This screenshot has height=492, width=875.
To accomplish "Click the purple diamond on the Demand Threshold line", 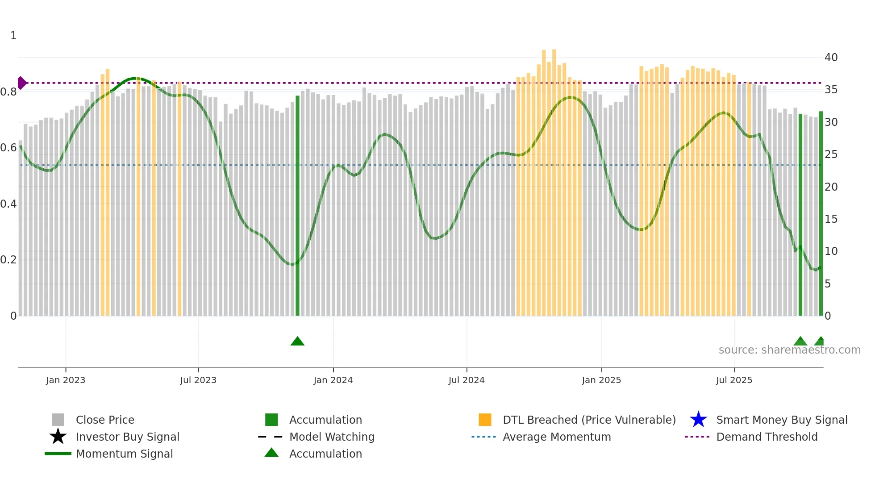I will click(21, 83).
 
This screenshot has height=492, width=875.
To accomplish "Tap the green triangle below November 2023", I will click(297, 342).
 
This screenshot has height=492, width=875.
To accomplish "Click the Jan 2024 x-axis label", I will click(333, 380).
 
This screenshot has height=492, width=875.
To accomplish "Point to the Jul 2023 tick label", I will click(198, 380).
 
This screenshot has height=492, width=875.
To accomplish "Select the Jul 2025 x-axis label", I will click(734, 380).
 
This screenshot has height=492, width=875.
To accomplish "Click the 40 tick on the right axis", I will click(831, 58).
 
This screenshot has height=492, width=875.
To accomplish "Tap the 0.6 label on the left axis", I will click(8, 148).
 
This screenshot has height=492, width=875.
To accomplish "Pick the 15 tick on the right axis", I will click(831, 219).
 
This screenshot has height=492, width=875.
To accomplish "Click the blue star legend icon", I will click(698, 420).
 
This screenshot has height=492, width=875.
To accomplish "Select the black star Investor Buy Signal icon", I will click(58, 437).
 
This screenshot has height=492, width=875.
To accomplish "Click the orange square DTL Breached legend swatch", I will click(485, 420).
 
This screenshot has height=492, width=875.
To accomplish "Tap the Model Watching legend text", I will click(332, 437).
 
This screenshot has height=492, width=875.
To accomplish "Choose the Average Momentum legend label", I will click(557, 437).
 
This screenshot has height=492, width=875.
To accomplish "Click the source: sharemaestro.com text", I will click(789, 350).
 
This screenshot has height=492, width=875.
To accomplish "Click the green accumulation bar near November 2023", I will click(297, 205).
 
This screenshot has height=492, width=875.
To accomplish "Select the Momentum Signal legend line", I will click(58, 454).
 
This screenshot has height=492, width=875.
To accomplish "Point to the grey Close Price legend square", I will click(58, 420).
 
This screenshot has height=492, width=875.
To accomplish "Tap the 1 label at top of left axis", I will click(13, 36).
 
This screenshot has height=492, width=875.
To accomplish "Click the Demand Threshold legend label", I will click(767, 437).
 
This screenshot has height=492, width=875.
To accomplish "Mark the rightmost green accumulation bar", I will click(821, 214).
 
